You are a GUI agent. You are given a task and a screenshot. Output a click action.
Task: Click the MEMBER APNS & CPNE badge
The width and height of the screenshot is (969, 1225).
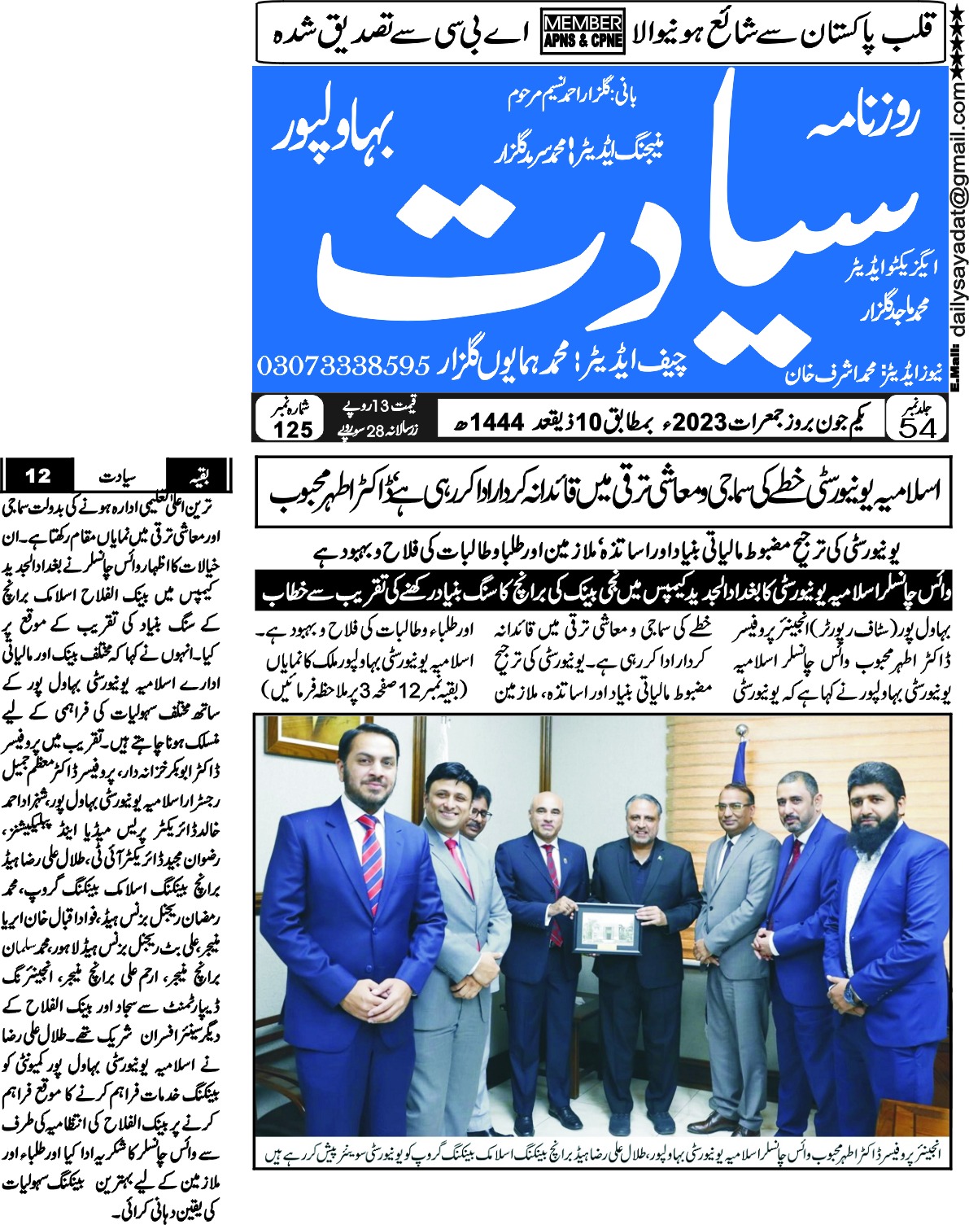[583, 33]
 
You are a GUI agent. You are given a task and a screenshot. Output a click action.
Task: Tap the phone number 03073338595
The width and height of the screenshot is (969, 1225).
[343, 365]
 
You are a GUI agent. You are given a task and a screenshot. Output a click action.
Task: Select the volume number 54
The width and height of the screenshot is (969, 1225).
[917, 427]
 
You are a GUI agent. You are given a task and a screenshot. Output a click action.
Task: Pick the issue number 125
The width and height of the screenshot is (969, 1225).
[293, 429]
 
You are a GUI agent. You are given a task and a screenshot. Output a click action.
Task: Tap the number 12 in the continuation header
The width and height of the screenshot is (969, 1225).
[38, 474]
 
